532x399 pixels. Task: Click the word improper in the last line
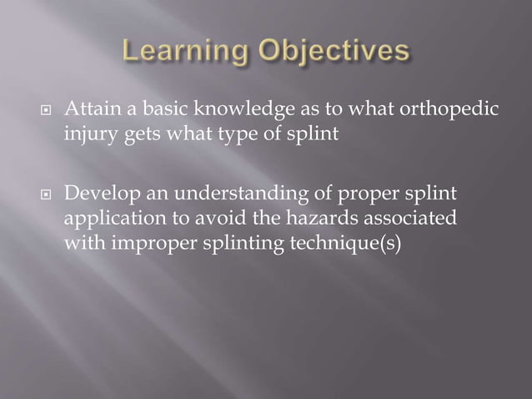coord(143,246)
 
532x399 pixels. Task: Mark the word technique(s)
coord(346,246)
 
